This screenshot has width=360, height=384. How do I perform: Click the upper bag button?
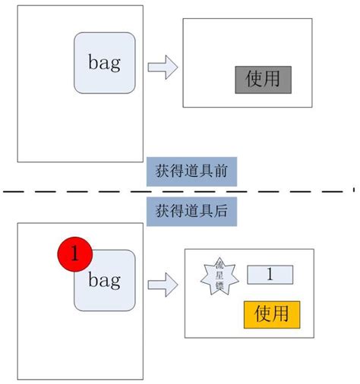pos(104,63)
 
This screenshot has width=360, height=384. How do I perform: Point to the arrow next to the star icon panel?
pos(162,285)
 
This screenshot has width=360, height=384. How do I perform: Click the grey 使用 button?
pos(264,79)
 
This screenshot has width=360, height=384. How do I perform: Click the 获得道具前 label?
pos(191,172)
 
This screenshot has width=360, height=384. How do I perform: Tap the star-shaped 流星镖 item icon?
pos(219,276)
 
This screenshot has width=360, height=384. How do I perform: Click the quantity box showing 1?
pos(270,275)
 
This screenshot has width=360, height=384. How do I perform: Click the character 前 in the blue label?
pos(220,172)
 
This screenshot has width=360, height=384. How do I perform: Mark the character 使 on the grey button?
pos(254,79)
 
